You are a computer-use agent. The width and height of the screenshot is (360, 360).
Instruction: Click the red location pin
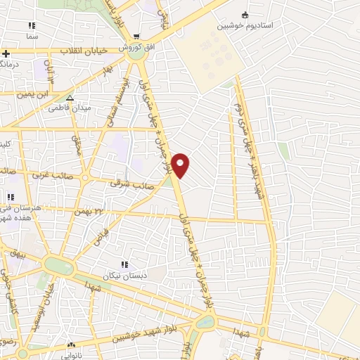pyautogui.click(x=181, y=165)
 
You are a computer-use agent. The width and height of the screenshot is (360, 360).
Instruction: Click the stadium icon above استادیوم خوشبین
pyautogui.click(x=245, y=15)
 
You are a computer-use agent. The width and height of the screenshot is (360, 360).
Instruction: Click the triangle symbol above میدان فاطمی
pyautogui.click(x=70, y=97)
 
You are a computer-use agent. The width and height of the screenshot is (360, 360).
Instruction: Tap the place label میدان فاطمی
pyautogui.click(x=69, y=108)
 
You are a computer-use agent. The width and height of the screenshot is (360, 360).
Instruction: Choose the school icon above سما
pyautogui.click(x=32, y=25)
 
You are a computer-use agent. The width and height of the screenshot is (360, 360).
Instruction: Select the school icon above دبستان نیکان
pyautogui.click(x=124, y=265)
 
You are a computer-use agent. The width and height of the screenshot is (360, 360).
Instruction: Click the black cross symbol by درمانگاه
pyautogui.click(x=6, y=53)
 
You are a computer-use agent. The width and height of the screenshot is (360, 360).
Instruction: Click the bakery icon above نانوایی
pyautogui.click(x=70, y=345)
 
